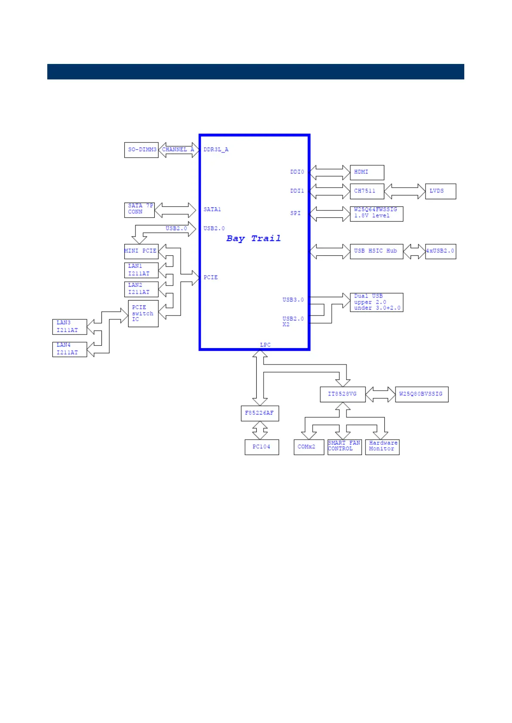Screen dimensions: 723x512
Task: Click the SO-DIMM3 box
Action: tap(141, 150)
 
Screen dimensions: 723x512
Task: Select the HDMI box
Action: tap(367, 172)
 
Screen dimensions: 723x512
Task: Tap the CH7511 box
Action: tap(367, 191)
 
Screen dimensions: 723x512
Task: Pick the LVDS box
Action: tap(440, 191)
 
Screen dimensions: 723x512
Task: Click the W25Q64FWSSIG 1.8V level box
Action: tap(376, 213)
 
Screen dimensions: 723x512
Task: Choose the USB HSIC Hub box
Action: tap(376, 251)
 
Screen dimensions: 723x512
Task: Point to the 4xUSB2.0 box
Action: tap(440, 251)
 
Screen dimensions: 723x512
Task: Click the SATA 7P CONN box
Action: tap(139, 210)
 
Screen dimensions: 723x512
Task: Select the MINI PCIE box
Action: tap(141, 251)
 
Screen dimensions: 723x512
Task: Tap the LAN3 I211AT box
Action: tap(70, 327)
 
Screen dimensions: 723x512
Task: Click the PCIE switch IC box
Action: tap(143, 313)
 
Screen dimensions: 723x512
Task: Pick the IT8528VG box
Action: tap(343, 394)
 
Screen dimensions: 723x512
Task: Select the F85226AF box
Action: tap(260, 413)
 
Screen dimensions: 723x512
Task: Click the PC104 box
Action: tap(262, 447)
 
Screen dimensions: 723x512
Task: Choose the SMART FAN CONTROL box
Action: tap(344, 447)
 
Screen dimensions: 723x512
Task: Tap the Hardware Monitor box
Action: tap(382, 447)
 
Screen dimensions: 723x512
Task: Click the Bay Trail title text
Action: tap(254, 239)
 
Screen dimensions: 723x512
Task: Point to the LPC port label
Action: tap(265, 345)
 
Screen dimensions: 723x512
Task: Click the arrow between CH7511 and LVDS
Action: tap(405, 191)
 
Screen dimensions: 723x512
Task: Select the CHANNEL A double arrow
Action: tap(178, 150)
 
